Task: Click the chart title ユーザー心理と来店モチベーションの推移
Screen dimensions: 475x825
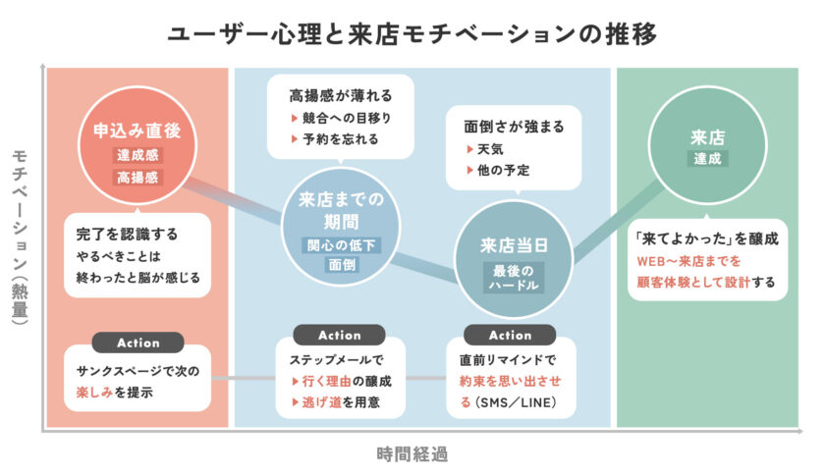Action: (412, 32)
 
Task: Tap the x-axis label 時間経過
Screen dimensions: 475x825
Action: (412, 453)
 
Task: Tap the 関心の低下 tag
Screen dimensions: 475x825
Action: (339, 243)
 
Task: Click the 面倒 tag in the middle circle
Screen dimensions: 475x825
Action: (339, 265)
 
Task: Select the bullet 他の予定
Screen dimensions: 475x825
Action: (502, 170)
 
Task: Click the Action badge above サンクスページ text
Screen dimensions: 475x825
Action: (137, 343)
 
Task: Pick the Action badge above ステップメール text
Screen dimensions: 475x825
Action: (339, 335)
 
